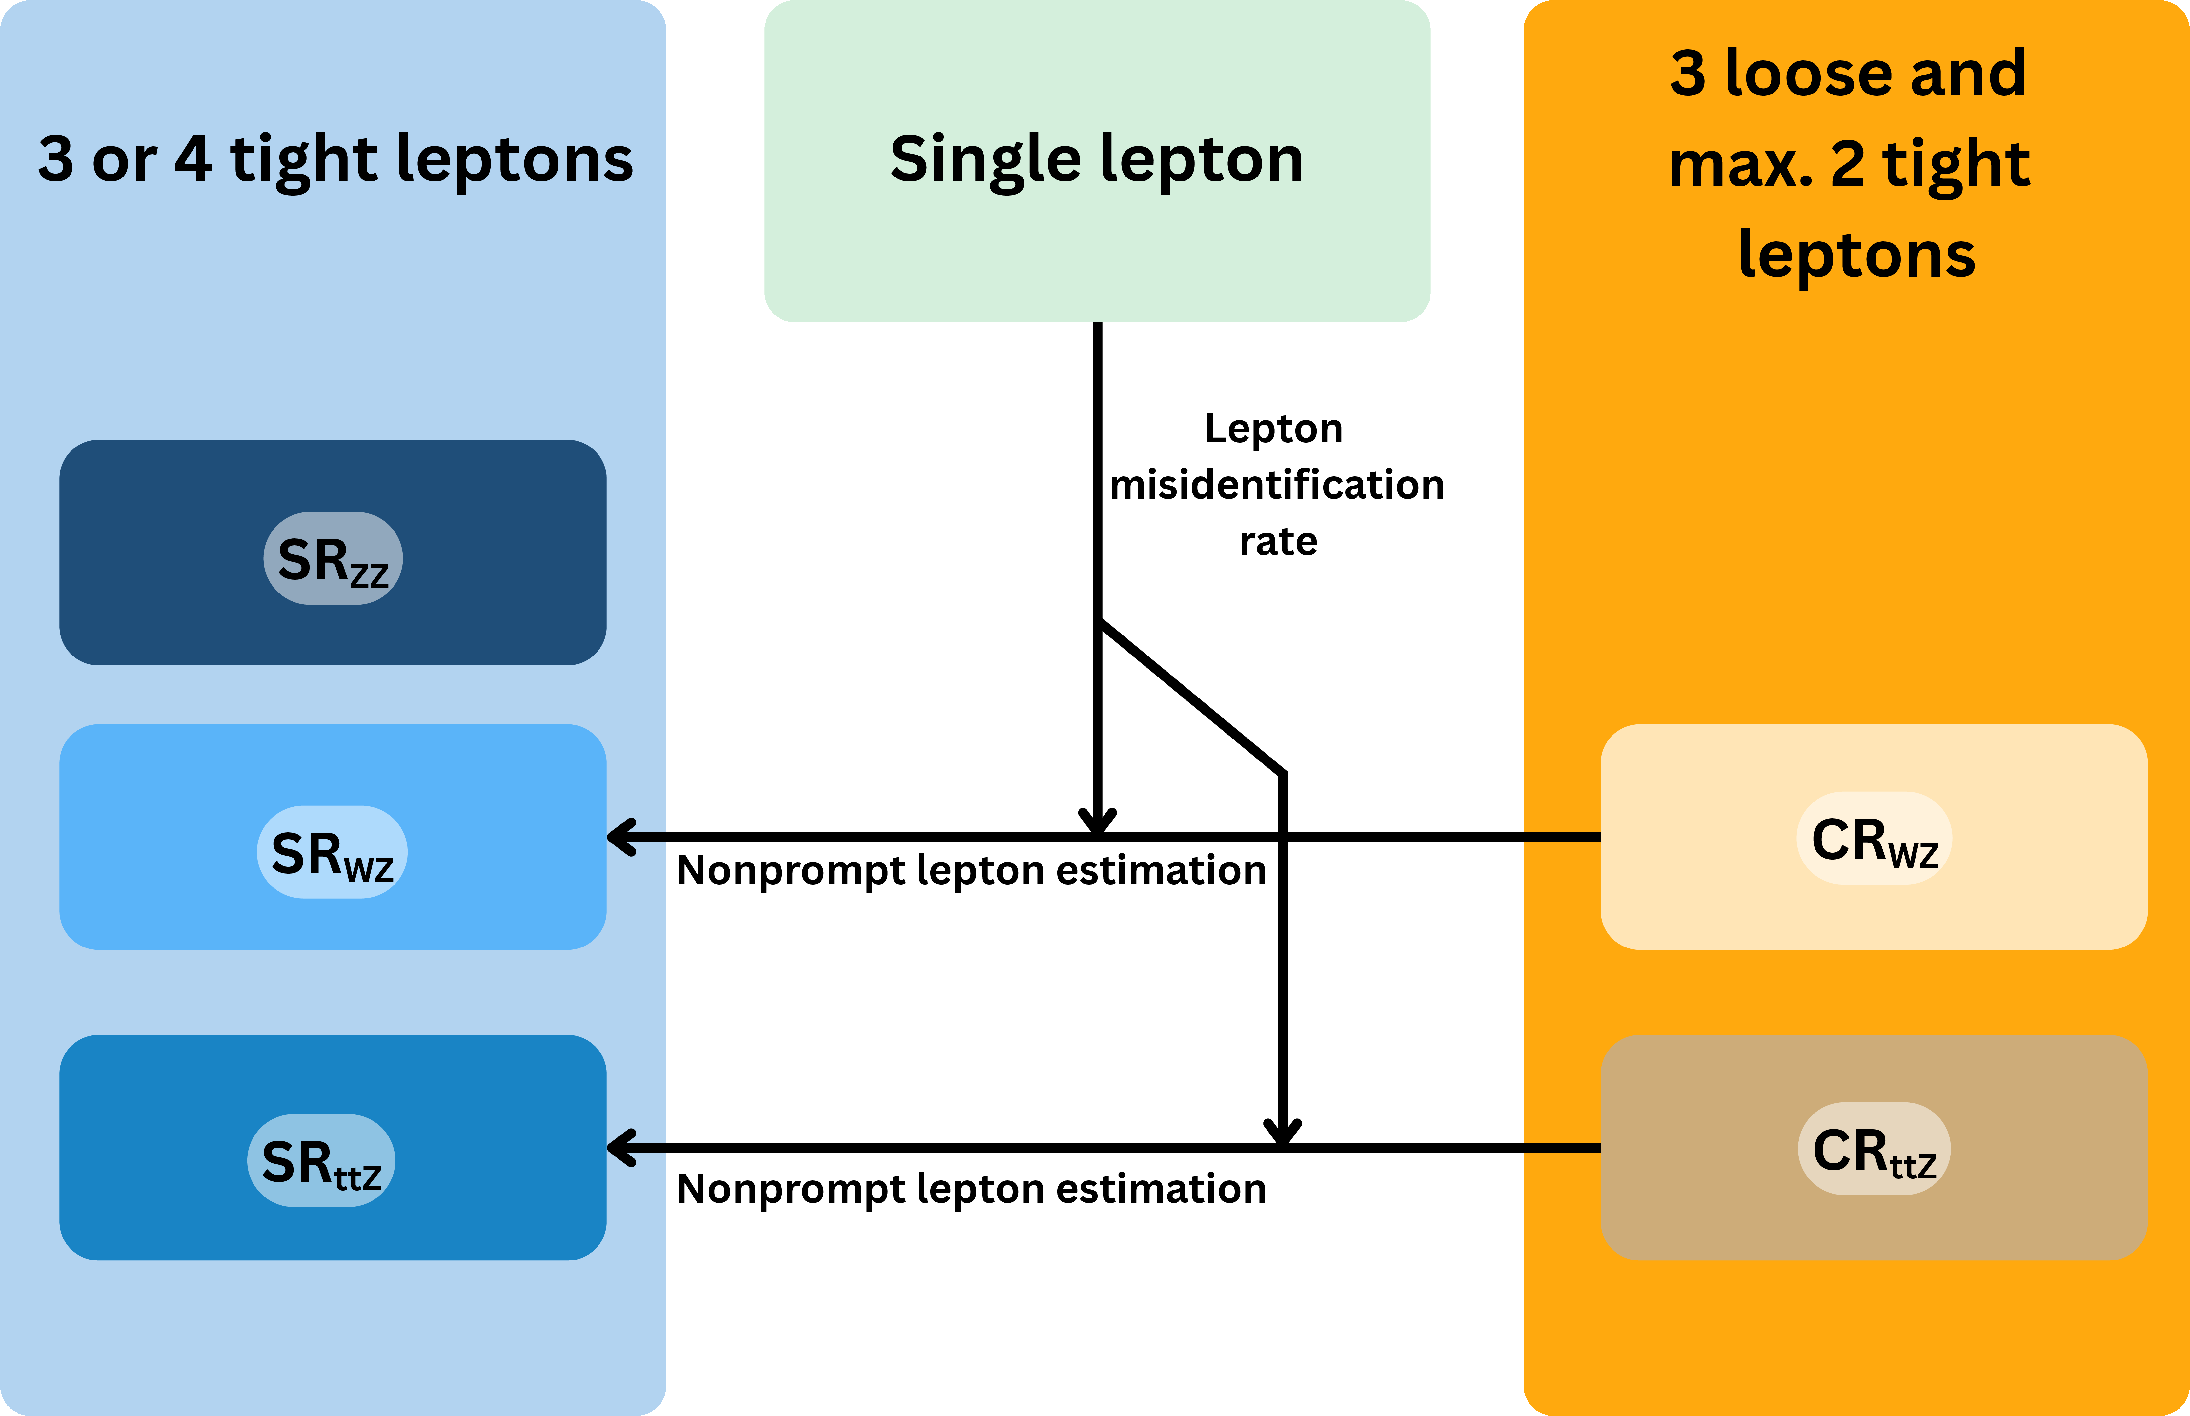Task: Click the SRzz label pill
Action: [x=333, y=558]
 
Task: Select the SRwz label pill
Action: [x=332, y=852]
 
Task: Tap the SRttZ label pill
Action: [x=321, y=1160]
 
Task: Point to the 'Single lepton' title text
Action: [x=1096, y=159]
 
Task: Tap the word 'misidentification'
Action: [x=1276, y=485]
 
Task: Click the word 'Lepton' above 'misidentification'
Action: [x=1274, y=428]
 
